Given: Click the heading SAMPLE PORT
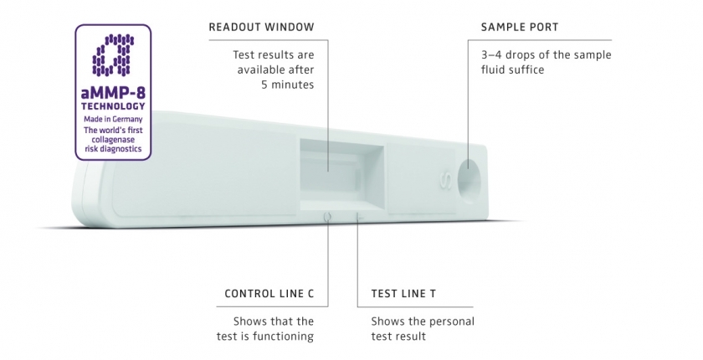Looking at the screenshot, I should click(519, 28).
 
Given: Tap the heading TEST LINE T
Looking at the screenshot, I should click(403, 295).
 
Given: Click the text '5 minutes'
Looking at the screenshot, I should click(286, 85).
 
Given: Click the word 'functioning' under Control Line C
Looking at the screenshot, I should click(285, 337).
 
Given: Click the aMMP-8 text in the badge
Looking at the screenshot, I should click(113, 95).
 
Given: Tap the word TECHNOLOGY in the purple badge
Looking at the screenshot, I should click(113, 107).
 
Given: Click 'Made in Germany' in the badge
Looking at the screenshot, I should click(113, 119).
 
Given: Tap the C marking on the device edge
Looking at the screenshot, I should click(326, 216).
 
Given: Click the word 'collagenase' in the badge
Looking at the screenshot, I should click(113, 140).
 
